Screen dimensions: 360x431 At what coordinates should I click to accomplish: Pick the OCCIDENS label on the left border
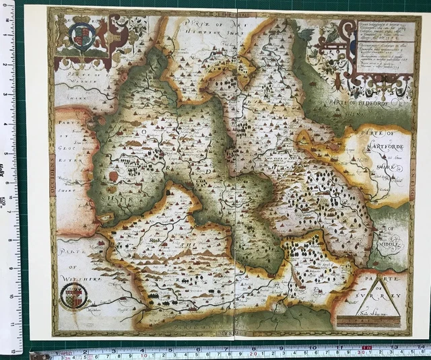click(x=53, y=168)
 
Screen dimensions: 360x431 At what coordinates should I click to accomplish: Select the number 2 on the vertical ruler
click(x=7, y=65)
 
